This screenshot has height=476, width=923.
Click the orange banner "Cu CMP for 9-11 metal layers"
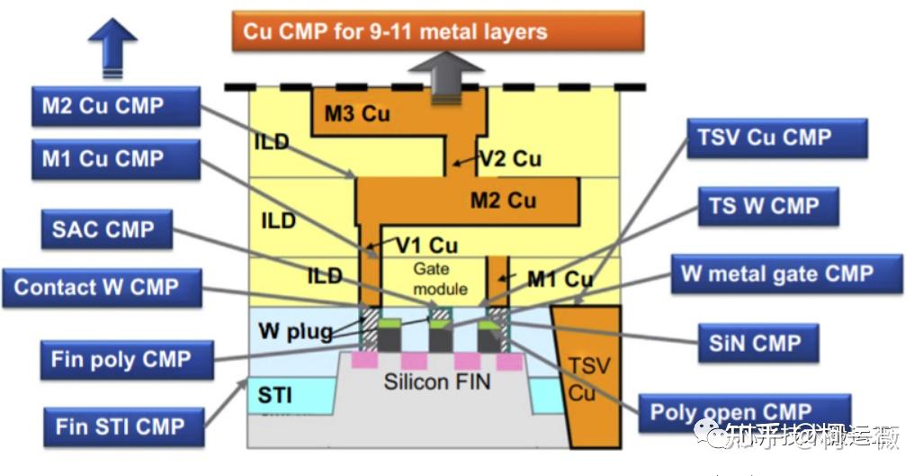pyautogui.click(x=437, y=31)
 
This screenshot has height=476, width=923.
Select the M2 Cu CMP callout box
pyautogui.click(x=114, y=106)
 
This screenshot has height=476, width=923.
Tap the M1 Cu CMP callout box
pyautogui.click(x=114, y=159)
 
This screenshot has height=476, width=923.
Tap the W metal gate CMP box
pyautogui.click(x=785, y=274)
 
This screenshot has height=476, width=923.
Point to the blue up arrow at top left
pyautogui.click(x=112, y=47)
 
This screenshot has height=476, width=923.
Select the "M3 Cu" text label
pyautogui.click(x=358, y=113)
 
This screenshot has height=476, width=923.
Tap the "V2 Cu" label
pyautogui.click(x=510, y=159)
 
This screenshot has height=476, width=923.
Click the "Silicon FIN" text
pyautogui.click(x=436, y=382)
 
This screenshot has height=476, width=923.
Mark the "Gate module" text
pyautogui.click(x=440, y=279)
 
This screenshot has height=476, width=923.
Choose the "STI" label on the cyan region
pyautogui.click(x=275, y=395)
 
